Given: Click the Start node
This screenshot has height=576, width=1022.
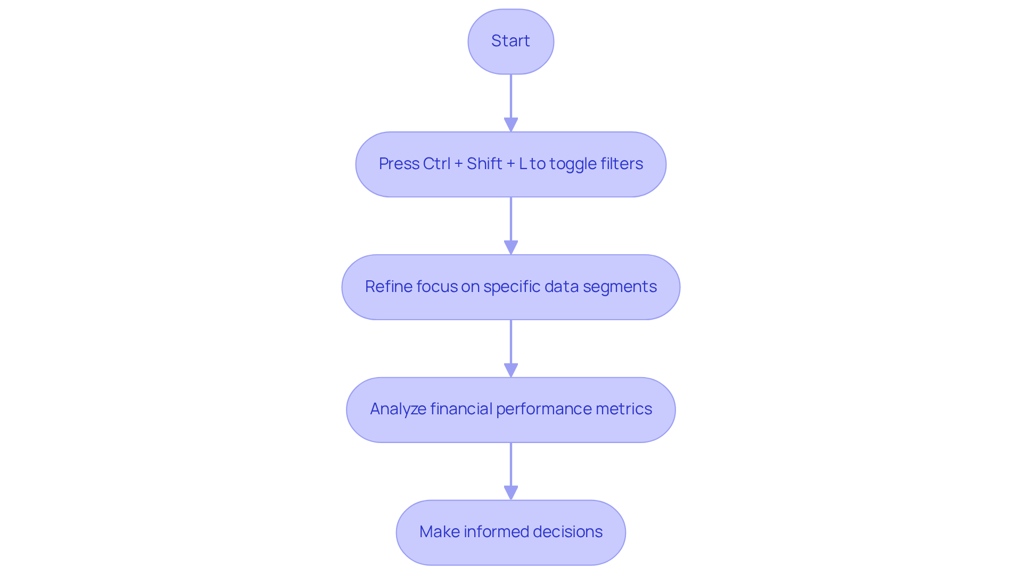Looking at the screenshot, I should click(x=510, y=41).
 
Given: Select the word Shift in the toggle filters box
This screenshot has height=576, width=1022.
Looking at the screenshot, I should click(x=484, y=164).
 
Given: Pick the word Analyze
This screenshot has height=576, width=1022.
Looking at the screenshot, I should click(x=398, y=409).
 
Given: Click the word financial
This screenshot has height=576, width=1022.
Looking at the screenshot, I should click(x=461, y=409).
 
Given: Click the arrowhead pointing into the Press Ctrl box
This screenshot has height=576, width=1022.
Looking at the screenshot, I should click(x=511, y=124).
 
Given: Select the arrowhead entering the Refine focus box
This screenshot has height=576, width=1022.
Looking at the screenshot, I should click(x=511, y=247).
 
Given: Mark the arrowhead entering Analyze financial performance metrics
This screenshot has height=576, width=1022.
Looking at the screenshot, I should click(x=511, y=370).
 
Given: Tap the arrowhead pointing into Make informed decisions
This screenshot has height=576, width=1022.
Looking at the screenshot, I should click(x=511, y=492).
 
